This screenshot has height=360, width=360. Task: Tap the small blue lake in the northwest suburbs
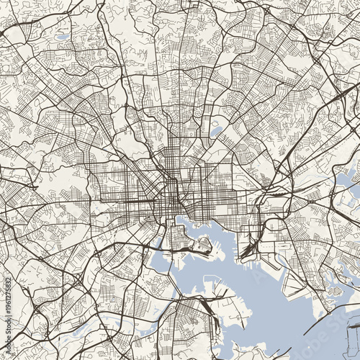(x=63, y=37)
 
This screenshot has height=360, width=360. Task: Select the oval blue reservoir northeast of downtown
(x=217, y=132)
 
